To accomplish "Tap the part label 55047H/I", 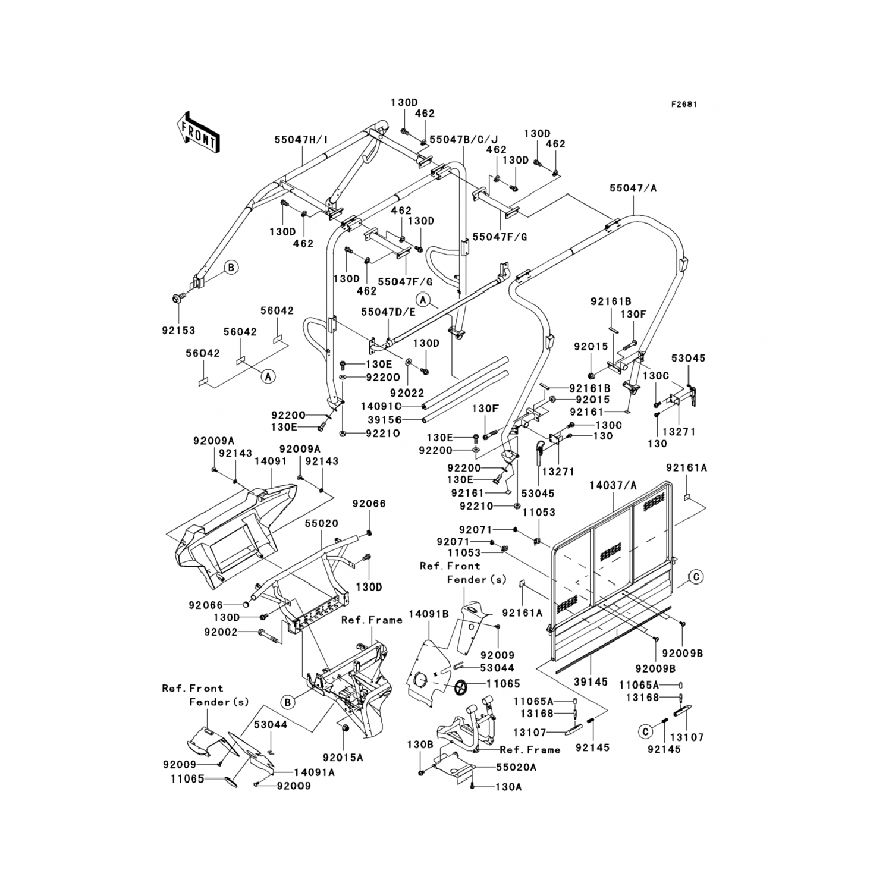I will [x=301, y=140].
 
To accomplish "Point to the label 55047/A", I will [x=633, y=188].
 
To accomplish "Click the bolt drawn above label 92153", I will [x=178, y=298].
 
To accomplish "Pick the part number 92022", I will [x=407, y=393].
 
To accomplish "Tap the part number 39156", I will [x=385, y=420].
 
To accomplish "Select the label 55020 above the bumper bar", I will [x=322, y=524].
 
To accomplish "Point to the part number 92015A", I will [x=343, y=758].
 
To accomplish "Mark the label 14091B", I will [x=429, y=613].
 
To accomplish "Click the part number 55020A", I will [x=516, y=768].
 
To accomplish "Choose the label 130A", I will [x=508, y=787].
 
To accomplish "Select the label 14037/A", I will [x=613, y=485].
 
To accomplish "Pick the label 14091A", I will [x=315, y=772].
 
